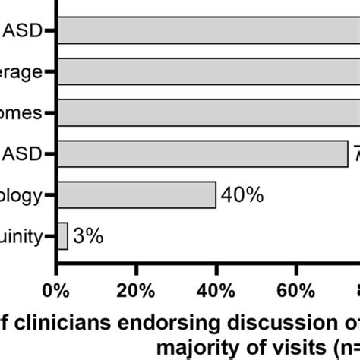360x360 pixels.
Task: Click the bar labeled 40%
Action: pos(137,195)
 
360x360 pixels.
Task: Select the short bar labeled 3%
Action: pos(62,235)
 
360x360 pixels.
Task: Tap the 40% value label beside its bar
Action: pos(242,196)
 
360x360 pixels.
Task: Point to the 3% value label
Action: pos(88,236)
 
